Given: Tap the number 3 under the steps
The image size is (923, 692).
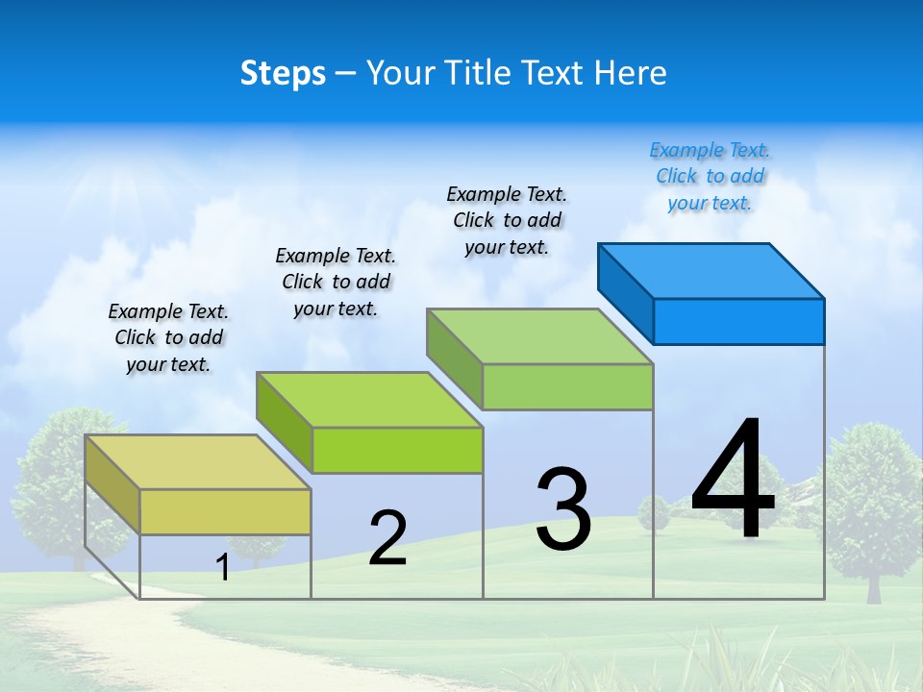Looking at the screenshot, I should click(x=563, y=509).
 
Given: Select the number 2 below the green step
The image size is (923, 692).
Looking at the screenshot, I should click(x=387, y=538).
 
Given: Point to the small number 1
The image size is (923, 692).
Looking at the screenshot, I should click(x=223, y=568).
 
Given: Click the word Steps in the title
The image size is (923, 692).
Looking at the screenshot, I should click(x=283, y=73).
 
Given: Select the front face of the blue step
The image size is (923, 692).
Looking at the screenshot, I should click(x=738, y=321).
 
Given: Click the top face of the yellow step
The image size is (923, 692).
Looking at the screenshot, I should click(x=197, y=461).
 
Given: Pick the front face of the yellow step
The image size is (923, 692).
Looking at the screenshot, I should click(x=225, y=511).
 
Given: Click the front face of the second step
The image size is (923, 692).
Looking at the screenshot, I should click(x=397, y=450).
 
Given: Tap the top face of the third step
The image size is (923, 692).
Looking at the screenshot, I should click(x=539, y=336).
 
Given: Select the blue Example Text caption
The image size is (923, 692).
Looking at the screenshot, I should click(x=710, y=177).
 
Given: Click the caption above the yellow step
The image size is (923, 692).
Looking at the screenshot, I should click(x=168, y=338).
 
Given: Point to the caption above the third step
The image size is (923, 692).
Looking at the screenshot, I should click(x=507, y=220).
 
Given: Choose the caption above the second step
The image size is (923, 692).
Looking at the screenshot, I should click(x=336, y=282).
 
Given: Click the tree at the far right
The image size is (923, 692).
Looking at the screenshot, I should click(x=869, y=500).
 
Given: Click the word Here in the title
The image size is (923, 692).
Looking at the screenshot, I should click(x=631, y=73).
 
